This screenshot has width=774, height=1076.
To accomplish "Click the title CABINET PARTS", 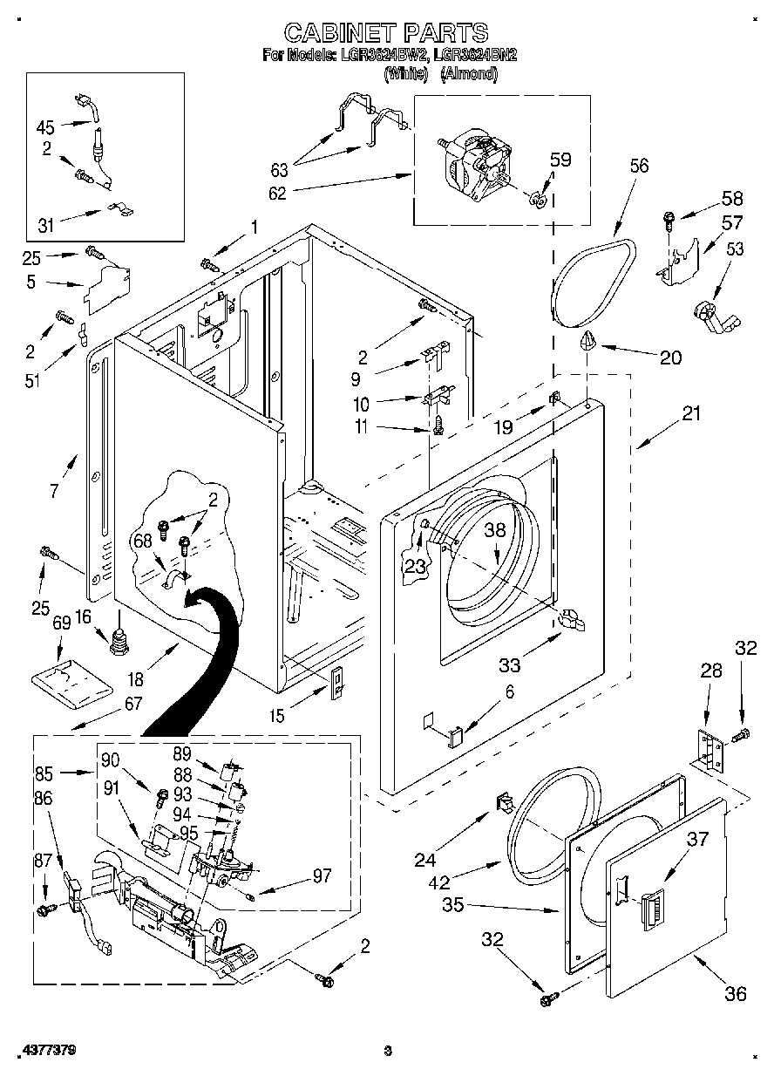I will [x=386, y=33].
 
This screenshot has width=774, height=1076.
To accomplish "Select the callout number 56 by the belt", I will [x=639, y=166].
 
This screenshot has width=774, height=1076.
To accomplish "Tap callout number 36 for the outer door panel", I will [x=735, y=992].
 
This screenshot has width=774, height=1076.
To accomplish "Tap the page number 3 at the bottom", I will [x=388, y=1050].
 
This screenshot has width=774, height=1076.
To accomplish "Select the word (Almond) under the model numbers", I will [x=469, y=75].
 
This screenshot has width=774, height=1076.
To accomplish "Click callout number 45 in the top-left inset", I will [x=45, y=127].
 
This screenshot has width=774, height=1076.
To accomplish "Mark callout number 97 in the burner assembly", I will [x=322, y=875].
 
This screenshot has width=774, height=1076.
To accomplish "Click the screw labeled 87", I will [x=44, y=909].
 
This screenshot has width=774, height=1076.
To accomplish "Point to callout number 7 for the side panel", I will [x=54, y=490].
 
